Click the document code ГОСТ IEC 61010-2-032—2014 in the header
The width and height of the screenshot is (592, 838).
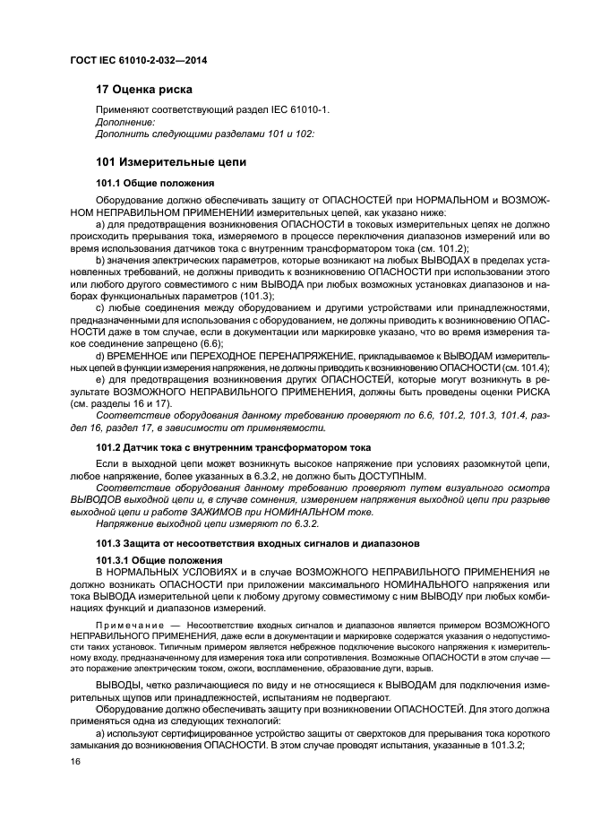point(133,61)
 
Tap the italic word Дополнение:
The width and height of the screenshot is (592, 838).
point(124,122)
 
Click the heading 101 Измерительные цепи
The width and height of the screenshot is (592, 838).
point(164,161)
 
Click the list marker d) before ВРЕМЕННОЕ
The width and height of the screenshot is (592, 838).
point(100,355)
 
